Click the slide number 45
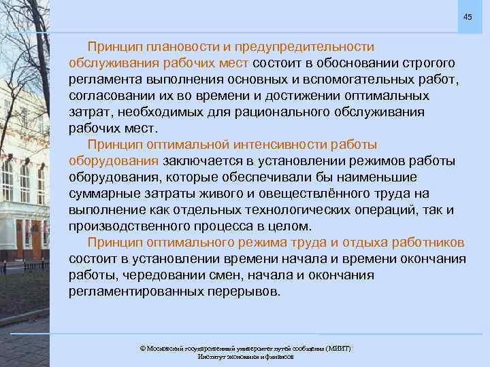(467, 16)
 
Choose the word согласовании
(108, 96)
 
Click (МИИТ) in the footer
(336, 348)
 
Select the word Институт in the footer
(212, 356)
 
